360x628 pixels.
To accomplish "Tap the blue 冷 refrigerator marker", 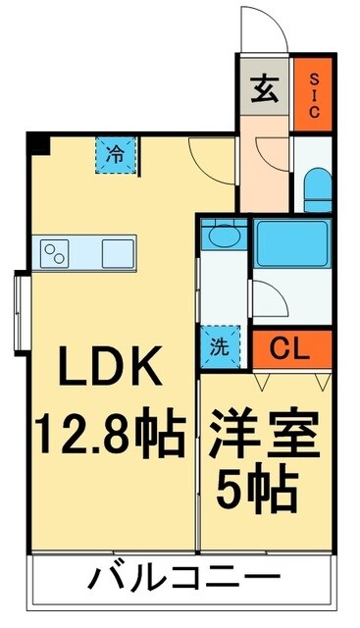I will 116,153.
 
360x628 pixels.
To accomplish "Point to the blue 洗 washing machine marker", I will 218,344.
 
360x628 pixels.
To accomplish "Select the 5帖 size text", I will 265,488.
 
